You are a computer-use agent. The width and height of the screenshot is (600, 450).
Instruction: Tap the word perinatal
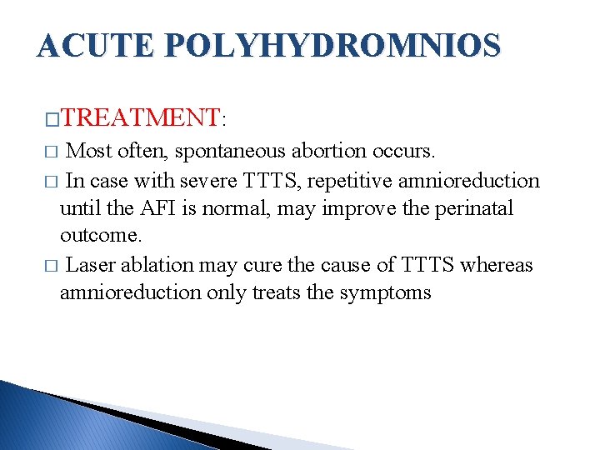[x=472, y=208]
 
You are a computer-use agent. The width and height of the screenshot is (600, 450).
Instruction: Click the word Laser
[x=90, y=265]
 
